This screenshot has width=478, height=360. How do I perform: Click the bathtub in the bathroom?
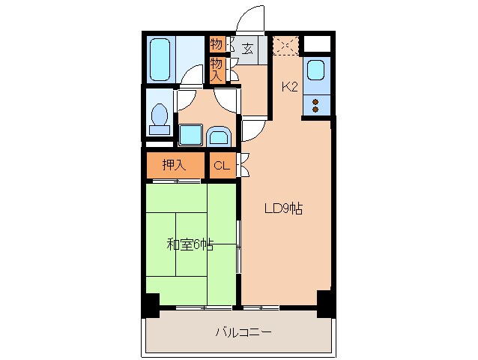[160, 59]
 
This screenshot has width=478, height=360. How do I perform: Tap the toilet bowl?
[160, 115]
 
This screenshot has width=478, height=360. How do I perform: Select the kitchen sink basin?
[316, 70]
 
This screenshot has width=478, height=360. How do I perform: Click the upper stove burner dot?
[316, 102]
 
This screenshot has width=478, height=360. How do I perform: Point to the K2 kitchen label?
[289, 87]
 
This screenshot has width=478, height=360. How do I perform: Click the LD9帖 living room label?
[283, 209]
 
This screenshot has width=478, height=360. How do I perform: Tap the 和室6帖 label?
[190, 244]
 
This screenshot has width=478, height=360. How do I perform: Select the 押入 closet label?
[174, 165]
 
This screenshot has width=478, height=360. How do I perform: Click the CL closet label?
[222, 166]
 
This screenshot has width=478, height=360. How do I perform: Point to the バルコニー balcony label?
[243, 331]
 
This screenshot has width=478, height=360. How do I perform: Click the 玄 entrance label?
[247, 49]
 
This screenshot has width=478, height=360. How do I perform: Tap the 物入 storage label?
[216, 70]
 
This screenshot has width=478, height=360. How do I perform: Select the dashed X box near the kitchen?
[285, 46]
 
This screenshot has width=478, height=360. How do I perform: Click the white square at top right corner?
[318, 44]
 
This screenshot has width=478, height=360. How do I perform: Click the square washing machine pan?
[191, 135]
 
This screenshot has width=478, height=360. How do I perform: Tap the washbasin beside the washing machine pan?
[219, 136]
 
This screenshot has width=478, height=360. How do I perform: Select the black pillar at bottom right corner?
[326, 304]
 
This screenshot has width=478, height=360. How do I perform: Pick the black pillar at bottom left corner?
[151, 305]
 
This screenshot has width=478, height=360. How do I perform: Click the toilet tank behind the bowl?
[160, 130]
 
